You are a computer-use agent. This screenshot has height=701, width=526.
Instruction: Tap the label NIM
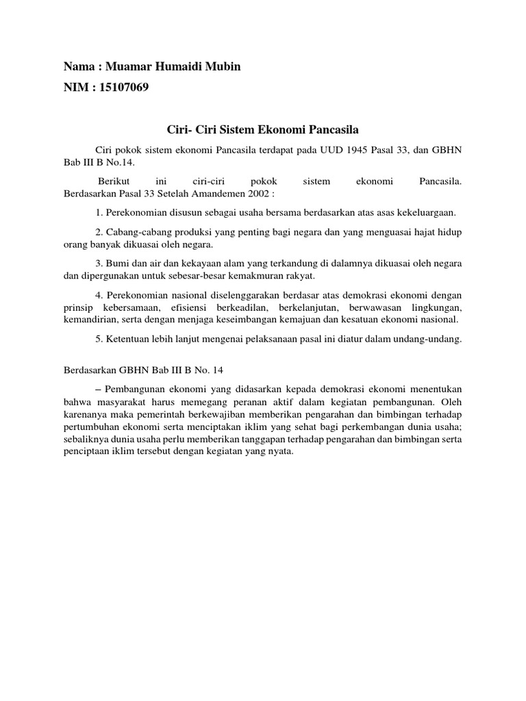pos(75,87)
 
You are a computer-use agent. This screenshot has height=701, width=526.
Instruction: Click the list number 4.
pos(99,296)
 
